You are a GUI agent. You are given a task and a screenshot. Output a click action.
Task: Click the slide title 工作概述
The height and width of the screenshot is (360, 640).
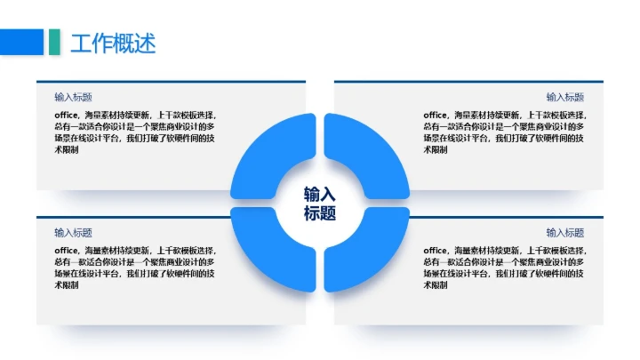pyautogui.click(x=113, y=42)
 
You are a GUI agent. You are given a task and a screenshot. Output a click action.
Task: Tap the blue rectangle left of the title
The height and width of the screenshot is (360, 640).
pyautogui.click(x=21, y=42)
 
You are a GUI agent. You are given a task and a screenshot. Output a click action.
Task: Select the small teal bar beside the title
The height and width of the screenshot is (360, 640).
pyautogui.click(x=55, y=42)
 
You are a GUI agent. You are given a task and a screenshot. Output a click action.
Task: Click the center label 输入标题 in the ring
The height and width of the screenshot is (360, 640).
pyautogui.click(x=320, y=204)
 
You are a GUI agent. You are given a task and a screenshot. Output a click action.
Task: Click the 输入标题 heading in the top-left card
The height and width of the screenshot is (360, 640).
pyautogui.click(x=73, y=97)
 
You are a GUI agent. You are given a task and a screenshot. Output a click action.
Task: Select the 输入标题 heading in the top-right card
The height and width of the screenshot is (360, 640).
pyautogui.click(x=565, y=97)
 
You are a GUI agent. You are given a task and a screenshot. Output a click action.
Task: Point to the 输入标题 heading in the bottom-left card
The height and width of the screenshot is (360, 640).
pyautogui.click(x=73, y=232)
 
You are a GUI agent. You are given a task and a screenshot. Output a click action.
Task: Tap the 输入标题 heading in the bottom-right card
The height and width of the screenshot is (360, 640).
pyautogui.click(x=565, y=232)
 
